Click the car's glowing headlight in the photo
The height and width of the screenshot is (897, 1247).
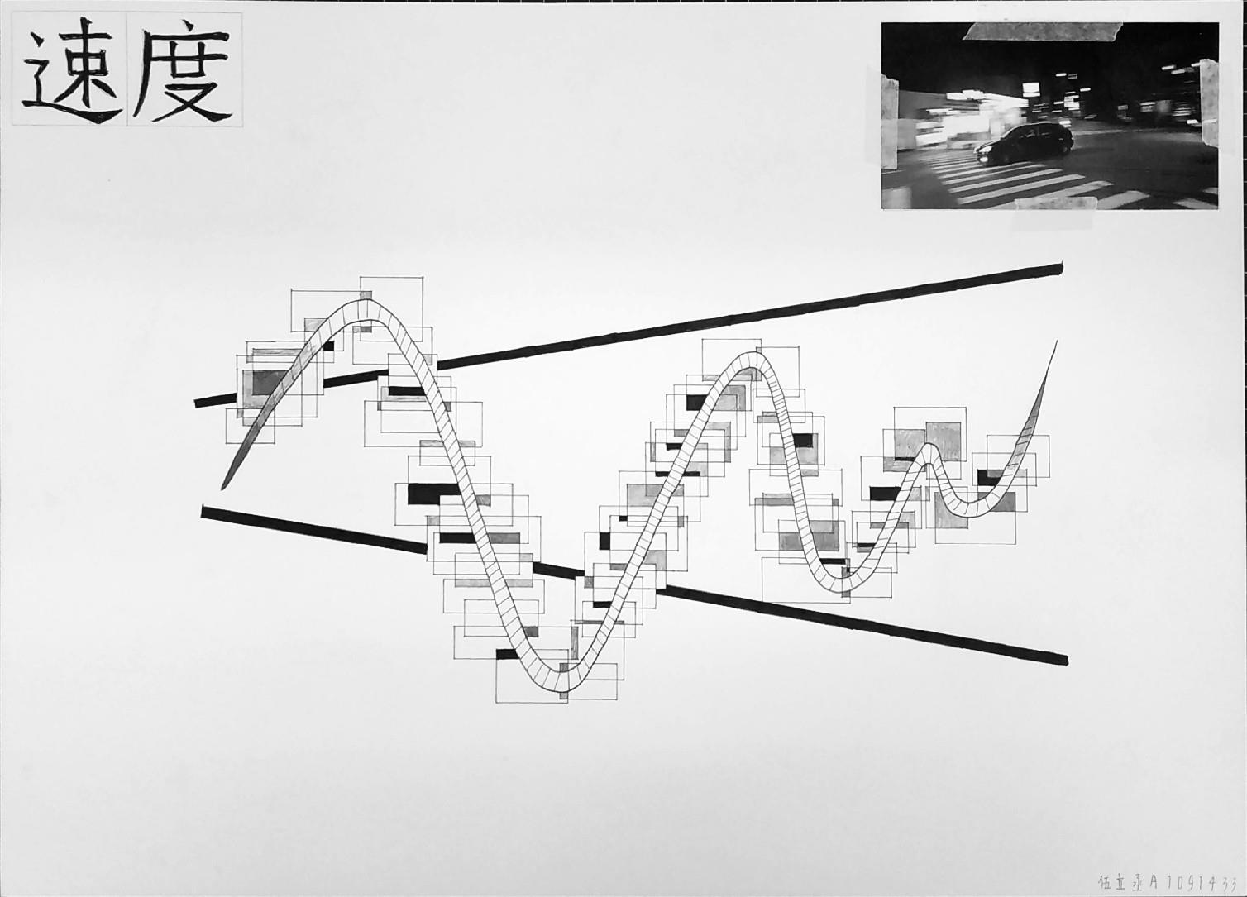click(x=982, y=149)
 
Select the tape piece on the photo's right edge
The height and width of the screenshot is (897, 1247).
click(x=1210, y=103)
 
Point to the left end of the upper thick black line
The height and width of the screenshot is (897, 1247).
click(x=198, y=403)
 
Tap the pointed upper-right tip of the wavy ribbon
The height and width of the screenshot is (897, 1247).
click(x=1055, y=342)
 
